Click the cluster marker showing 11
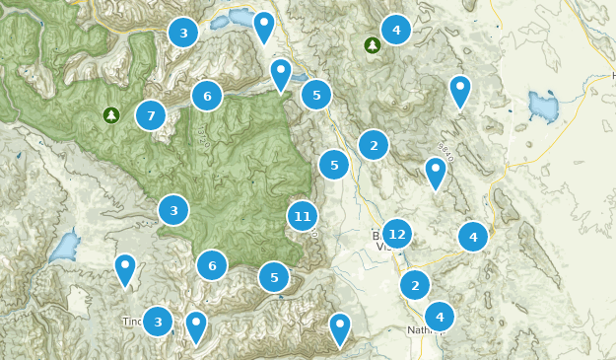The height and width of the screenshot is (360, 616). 303,216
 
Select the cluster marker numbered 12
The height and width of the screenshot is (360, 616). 396,234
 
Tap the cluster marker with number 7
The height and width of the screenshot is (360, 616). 151,115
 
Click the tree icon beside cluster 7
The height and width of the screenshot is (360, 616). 111,115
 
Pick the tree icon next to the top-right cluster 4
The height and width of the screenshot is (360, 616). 372,44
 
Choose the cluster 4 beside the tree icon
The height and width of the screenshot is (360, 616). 396,30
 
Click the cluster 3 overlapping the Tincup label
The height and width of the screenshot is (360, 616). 158,321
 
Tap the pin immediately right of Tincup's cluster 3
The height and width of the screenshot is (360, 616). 196,324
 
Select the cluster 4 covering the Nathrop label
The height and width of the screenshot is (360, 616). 440,317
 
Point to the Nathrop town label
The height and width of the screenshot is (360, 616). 422,329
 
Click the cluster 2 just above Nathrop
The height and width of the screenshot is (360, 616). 415,285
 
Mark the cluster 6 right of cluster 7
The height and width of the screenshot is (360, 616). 207,96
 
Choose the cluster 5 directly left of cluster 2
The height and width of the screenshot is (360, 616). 334,164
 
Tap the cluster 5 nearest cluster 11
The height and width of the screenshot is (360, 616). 274,277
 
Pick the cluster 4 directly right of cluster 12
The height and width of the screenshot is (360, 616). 473,237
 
